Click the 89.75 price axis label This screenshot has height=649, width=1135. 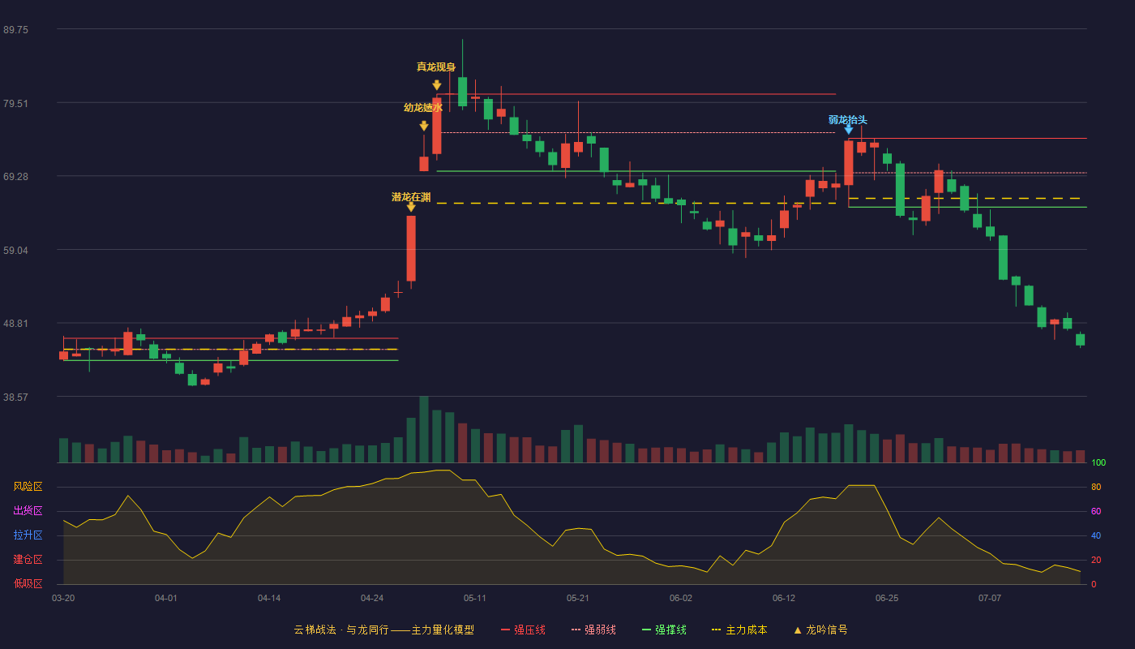point(15,30)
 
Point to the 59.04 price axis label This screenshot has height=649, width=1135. point(15,251)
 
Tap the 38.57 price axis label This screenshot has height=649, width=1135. point(15,398)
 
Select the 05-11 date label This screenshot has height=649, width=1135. point(475,599)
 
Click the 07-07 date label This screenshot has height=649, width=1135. point(990,599)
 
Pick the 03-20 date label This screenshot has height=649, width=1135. point(63,599)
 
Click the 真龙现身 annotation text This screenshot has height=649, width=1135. point(436,67)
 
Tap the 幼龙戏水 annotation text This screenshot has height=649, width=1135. point(423,107)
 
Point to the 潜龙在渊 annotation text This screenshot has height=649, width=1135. point(411,197)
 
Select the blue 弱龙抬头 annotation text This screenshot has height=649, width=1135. point(848,120)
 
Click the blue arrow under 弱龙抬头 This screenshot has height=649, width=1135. point(849,131)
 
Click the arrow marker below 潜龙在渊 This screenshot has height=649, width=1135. point(411,207)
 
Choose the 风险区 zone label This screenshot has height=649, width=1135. point(28,487)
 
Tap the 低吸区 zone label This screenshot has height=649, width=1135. point(28,584)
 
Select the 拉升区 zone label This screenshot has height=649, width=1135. point(28,535)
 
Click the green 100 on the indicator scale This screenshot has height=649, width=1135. point(1099,463)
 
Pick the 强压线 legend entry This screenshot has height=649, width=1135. point(523,630)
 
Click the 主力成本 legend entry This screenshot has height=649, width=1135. point(739,630)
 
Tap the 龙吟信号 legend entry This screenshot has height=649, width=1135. point(820,630)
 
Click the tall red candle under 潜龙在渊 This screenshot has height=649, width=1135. point(411,248)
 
